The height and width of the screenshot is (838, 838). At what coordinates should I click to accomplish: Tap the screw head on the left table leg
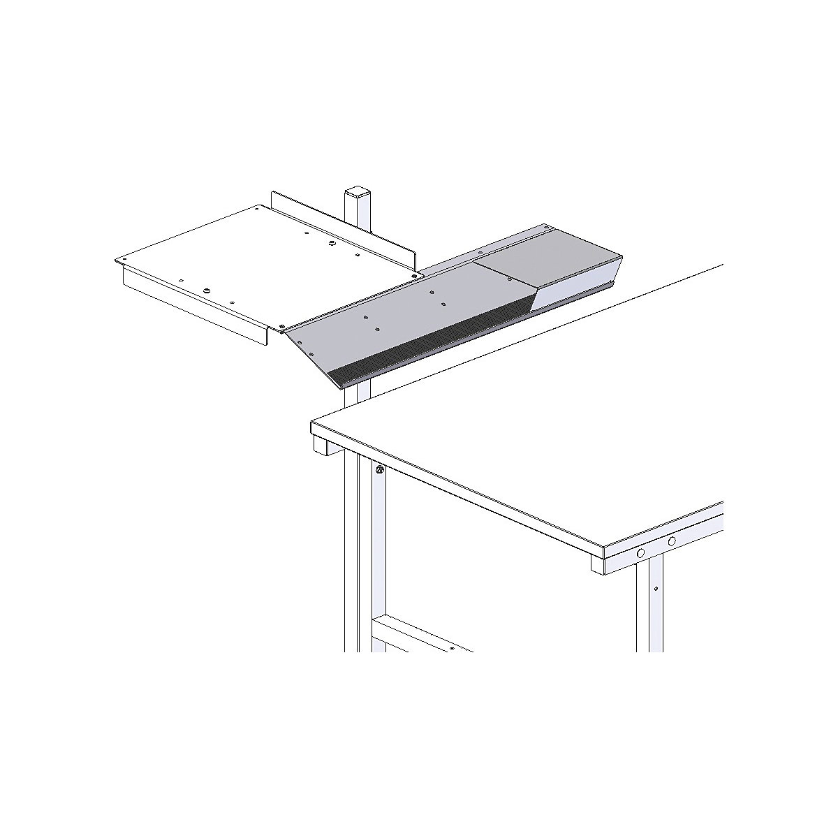point(379,470)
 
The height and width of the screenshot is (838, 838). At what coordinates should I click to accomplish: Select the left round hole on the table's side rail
point(639,553)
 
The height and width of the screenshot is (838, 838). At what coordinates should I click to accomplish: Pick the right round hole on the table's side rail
point(672,541)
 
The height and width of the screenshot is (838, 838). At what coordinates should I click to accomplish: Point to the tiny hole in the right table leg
point(656,589)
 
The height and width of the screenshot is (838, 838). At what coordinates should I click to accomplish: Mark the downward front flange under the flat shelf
point(196,307)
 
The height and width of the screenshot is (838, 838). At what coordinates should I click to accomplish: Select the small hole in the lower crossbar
point(453,649)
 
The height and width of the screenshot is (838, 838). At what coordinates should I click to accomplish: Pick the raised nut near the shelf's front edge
point(207,290)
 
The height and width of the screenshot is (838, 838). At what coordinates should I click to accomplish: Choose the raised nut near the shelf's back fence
point(325,244)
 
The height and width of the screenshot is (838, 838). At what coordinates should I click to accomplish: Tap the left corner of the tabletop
point(313,423)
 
